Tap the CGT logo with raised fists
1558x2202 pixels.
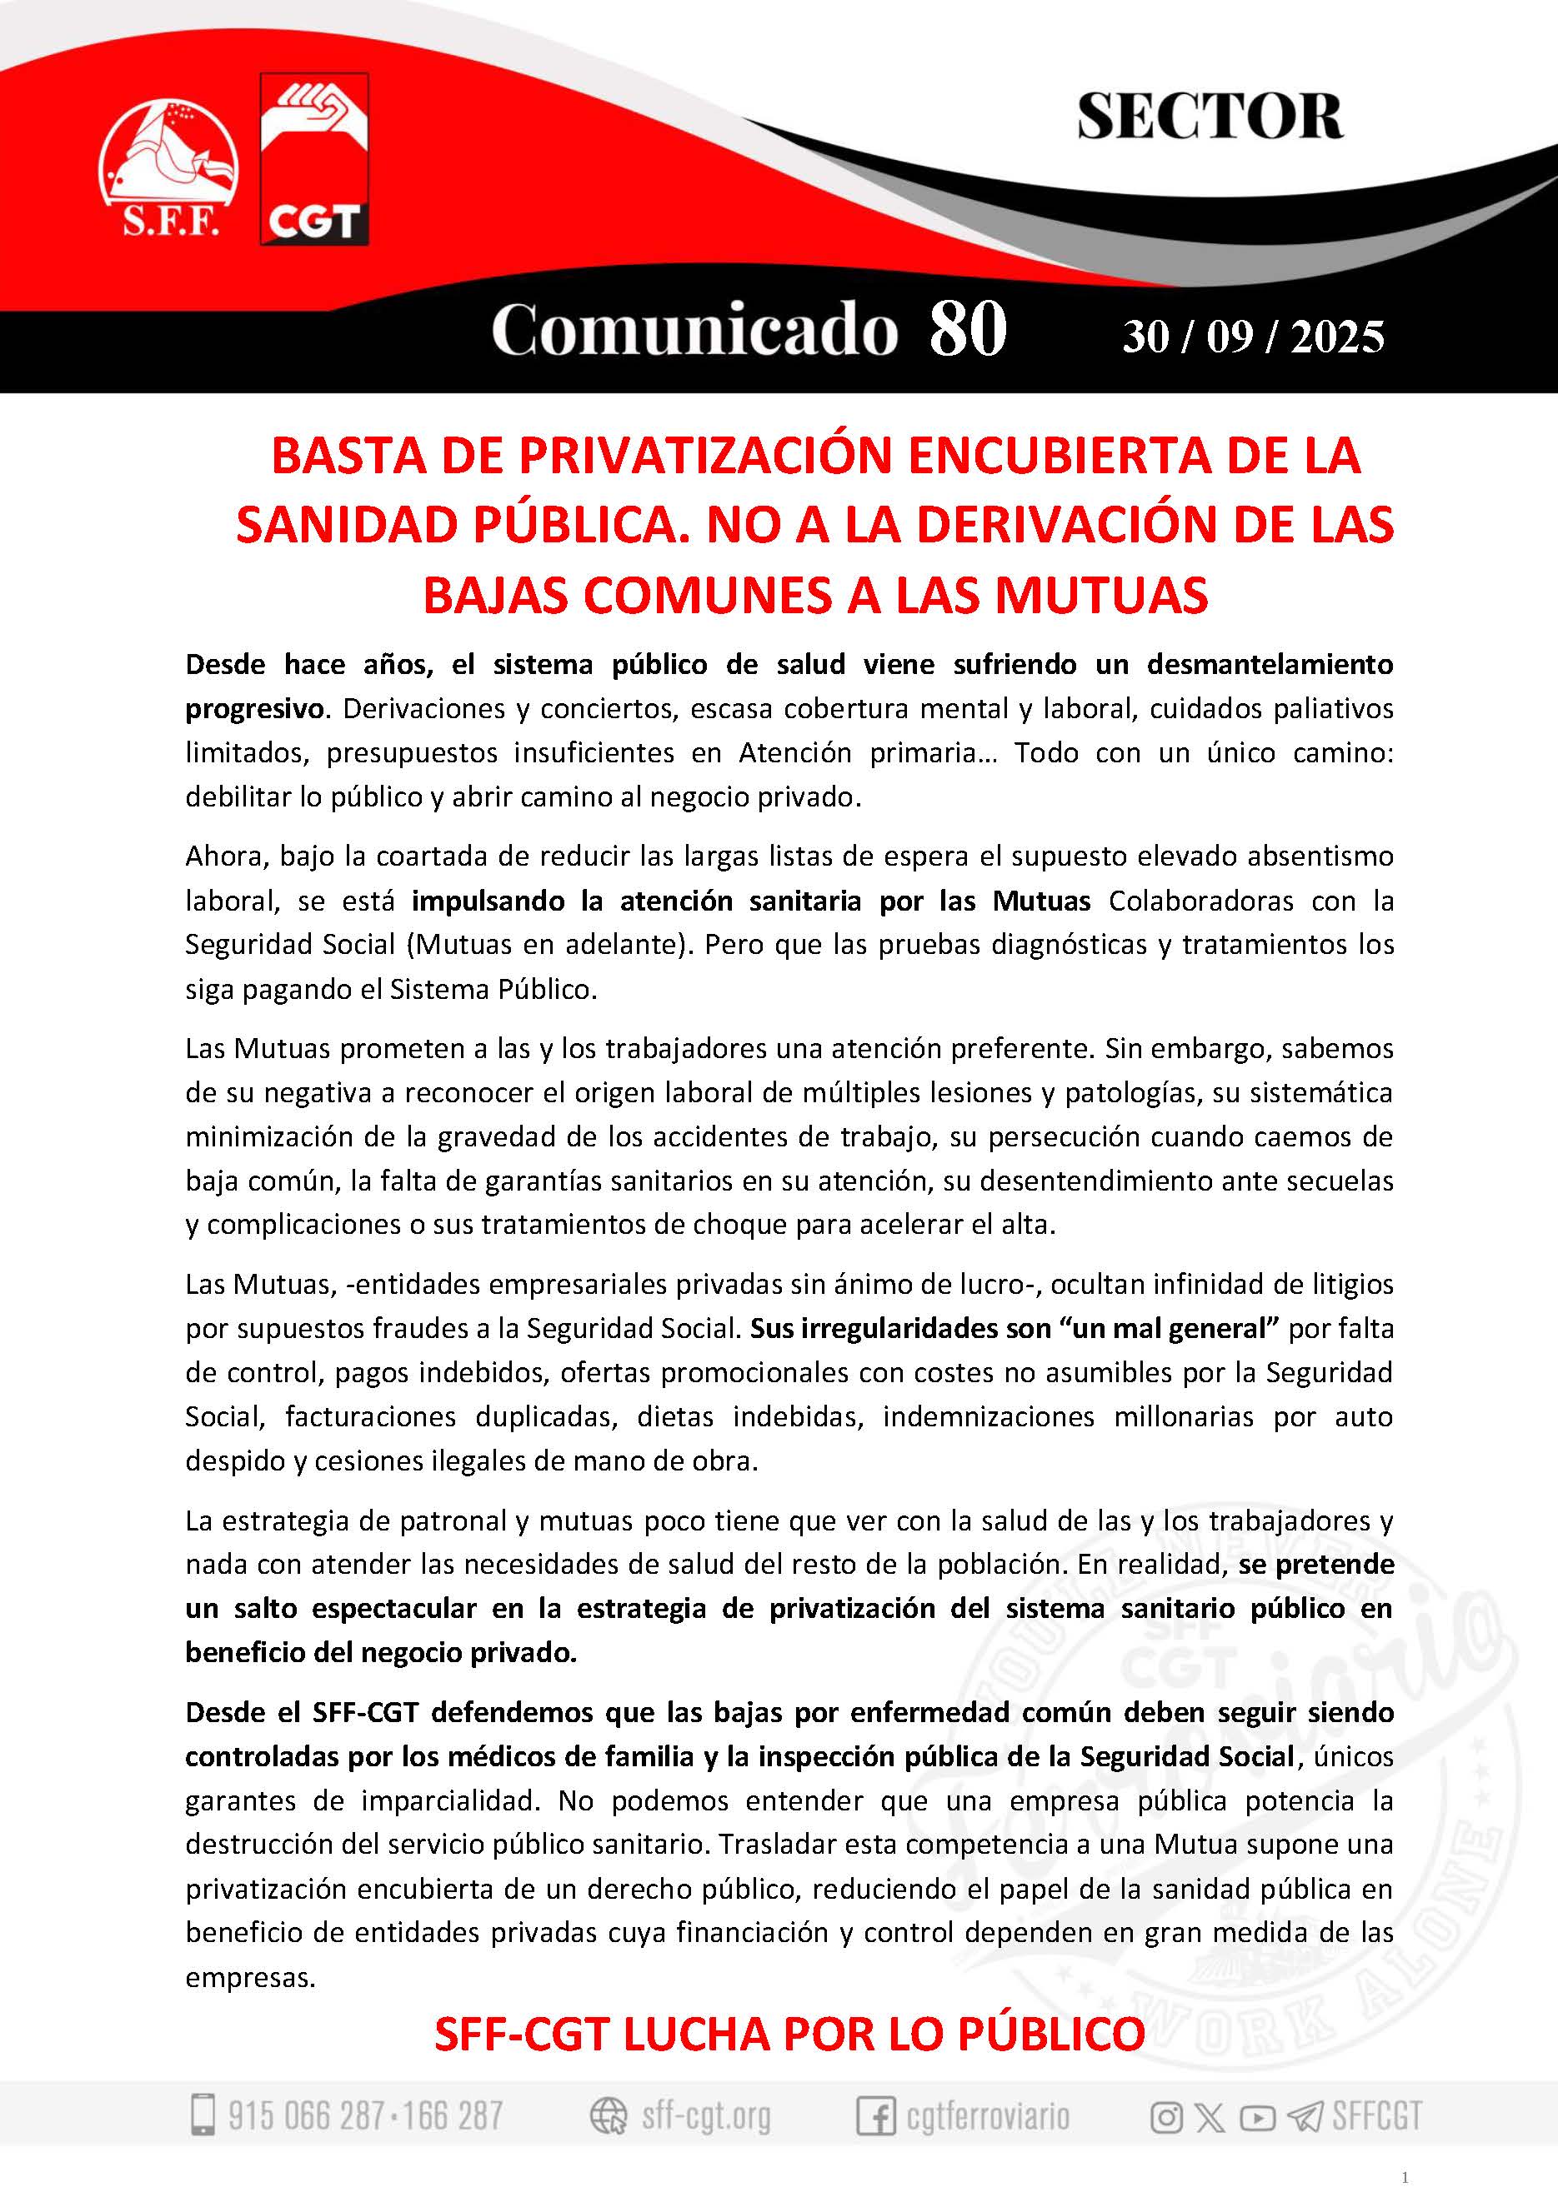coord(314,159)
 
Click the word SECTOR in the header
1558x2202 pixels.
coord(1209,117)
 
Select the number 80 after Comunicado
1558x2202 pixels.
coord(967,329)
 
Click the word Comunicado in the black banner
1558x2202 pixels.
coord(694,331)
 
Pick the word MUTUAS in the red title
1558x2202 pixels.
coord(1101,595)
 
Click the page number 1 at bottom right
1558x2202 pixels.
coord(1405,2176)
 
